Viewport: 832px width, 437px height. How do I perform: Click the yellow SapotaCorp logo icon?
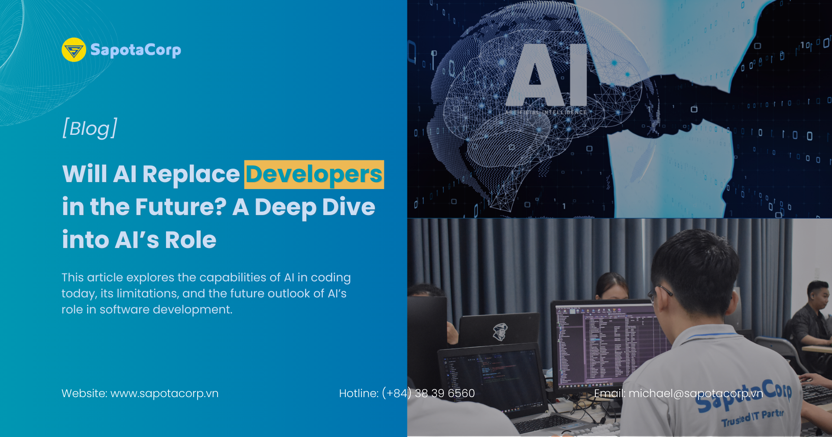(74, 50)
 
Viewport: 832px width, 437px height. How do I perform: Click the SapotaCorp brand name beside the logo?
(136, 50)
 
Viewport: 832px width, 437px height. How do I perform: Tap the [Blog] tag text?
(90, 128)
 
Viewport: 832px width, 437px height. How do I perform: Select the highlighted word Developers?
(314, 174)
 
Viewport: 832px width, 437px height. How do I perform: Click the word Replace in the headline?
(191, 174)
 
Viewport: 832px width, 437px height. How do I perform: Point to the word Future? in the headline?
(181, 207)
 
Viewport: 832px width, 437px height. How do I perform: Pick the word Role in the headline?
(190, 240)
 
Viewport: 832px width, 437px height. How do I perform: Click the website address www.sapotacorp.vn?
(164, 394)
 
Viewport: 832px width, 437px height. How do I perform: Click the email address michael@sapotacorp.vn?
(695, 394)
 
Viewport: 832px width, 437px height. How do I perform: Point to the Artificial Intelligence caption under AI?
(546, 112)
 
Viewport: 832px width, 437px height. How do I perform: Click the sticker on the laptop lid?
(500, 332)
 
